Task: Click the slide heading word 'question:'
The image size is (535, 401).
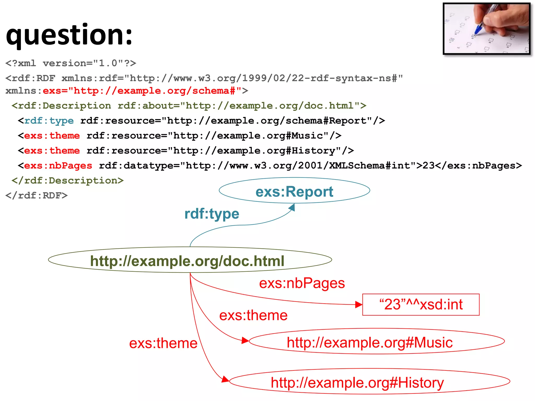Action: pos(69,35)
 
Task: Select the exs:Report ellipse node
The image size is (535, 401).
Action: pos(294,191)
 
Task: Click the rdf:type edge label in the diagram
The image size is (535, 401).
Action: pos(212,214)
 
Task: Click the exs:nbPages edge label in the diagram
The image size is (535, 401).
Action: pos(302,283)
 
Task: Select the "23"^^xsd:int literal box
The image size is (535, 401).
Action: pos(421,304)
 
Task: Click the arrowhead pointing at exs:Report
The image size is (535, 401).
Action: pos(292,207)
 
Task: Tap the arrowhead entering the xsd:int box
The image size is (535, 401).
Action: pos(359,304)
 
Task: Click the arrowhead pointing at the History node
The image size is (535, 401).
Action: pos(225,379)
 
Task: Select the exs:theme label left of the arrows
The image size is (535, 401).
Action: pos(163,343)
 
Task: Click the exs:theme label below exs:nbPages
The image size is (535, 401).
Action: pos(253,315)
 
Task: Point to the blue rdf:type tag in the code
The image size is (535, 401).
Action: pos(49,121)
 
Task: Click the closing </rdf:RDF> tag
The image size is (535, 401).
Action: pos(37,195)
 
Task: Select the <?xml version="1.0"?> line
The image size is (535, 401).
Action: pos(71,63)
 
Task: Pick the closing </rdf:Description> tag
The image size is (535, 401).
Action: pos(67,180)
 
